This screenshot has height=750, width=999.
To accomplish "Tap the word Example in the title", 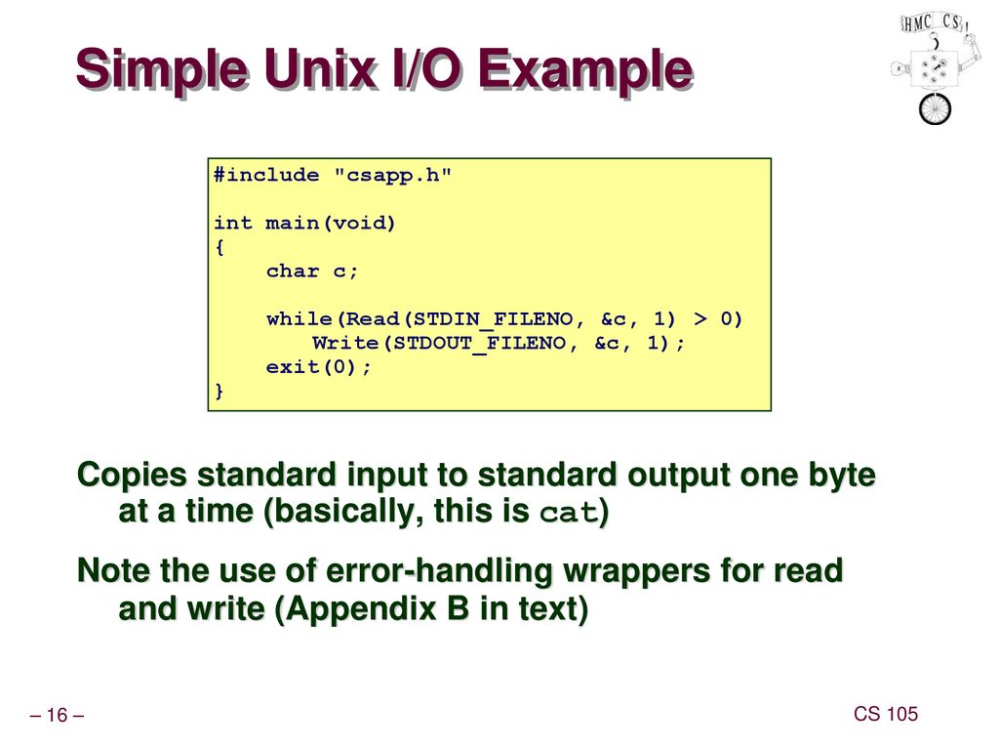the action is point(585,71).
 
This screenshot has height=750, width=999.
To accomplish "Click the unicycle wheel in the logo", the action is point(935,108).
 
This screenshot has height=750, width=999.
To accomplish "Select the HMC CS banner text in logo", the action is point(934,23).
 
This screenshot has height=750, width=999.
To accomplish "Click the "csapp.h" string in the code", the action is point(392,175).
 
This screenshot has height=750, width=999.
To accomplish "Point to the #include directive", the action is point(266,175).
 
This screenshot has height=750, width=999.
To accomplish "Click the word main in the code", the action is point(293,223).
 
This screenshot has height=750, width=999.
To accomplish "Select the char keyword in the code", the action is point(293,271).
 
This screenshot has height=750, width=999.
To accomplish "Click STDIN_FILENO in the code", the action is point(493,319).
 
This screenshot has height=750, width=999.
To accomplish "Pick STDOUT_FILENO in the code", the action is point(479,344).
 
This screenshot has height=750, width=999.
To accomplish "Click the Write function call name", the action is point(346,343).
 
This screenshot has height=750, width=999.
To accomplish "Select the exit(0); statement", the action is point(319,367).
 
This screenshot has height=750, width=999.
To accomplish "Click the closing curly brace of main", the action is point(220,391).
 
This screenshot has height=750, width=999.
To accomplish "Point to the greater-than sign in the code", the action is point(700,318).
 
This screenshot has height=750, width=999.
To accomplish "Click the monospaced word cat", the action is point(569,512).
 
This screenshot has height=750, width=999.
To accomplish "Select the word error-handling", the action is point(439,570).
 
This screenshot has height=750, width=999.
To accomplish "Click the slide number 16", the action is point(57,715).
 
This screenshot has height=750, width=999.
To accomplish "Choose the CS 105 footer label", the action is point(886,714).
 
